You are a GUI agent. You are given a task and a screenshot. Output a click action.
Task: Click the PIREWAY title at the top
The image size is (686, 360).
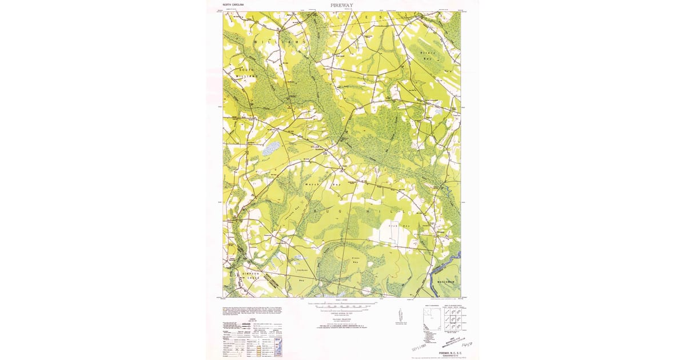pos(342,5)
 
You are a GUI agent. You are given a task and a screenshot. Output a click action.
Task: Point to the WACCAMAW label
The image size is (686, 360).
pos(445,280)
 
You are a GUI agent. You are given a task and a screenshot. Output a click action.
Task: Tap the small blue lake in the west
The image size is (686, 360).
pos(271,148)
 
